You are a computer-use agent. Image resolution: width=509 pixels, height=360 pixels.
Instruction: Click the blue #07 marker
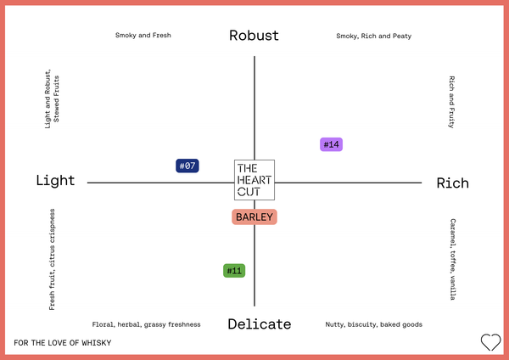[187, 166]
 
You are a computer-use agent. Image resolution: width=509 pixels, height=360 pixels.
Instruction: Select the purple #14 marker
[331, 144]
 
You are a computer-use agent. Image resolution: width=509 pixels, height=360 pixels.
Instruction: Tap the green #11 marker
[234, 271]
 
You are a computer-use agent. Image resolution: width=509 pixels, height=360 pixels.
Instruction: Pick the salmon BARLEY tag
[255, 217]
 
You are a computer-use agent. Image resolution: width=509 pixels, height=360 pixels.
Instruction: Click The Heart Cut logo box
[255, 180]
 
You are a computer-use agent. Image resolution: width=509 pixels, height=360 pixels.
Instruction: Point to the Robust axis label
[254, 36]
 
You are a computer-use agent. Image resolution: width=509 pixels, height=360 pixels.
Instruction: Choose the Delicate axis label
[260, 324]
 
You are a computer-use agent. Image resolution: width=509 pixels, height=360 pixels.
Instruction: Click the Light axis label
[55, 180]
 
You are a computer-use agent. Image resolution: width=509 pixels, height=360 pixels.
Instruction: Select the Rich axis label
[452, 183]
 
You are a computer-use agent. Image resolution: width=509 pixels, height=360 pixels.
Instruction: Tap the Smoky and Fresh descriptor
[143, 35]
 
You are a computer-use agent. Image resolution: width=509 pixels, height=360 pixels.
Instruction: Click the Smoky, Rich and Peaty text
[373, 36]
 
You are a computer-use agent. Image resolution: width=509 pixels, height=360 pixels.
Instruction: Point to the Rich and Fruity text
[451, 102]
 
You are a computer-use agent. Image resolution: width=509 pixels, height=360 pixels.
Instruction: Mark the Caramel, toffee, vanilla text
[453, 259]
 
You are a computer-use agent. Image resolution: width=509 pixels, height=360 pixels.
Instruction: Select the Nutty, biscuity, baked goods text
[373, 324]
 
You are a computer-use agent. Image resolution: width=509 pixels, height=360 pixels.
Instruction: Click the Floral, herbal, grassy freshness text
[146, 324]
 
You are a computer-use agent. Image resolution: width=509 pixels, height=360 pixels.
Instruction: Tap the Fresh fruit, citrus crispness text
[52, 259]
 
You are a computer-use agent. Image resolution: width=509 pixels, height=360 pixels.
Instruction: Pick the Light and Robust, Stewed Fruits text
[52, 98]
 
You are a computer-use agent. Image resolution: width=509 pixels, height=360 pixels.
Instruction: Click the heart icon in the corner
[491, 342]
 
